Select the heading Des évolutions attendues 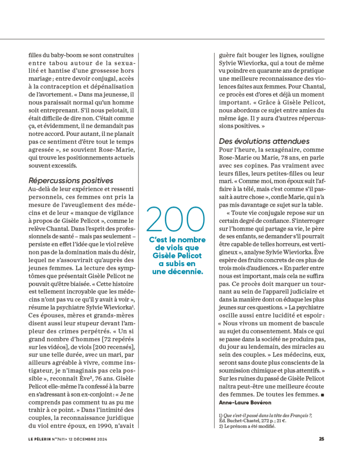(264, 141)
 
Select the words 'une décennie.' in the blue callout (178, 272)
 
